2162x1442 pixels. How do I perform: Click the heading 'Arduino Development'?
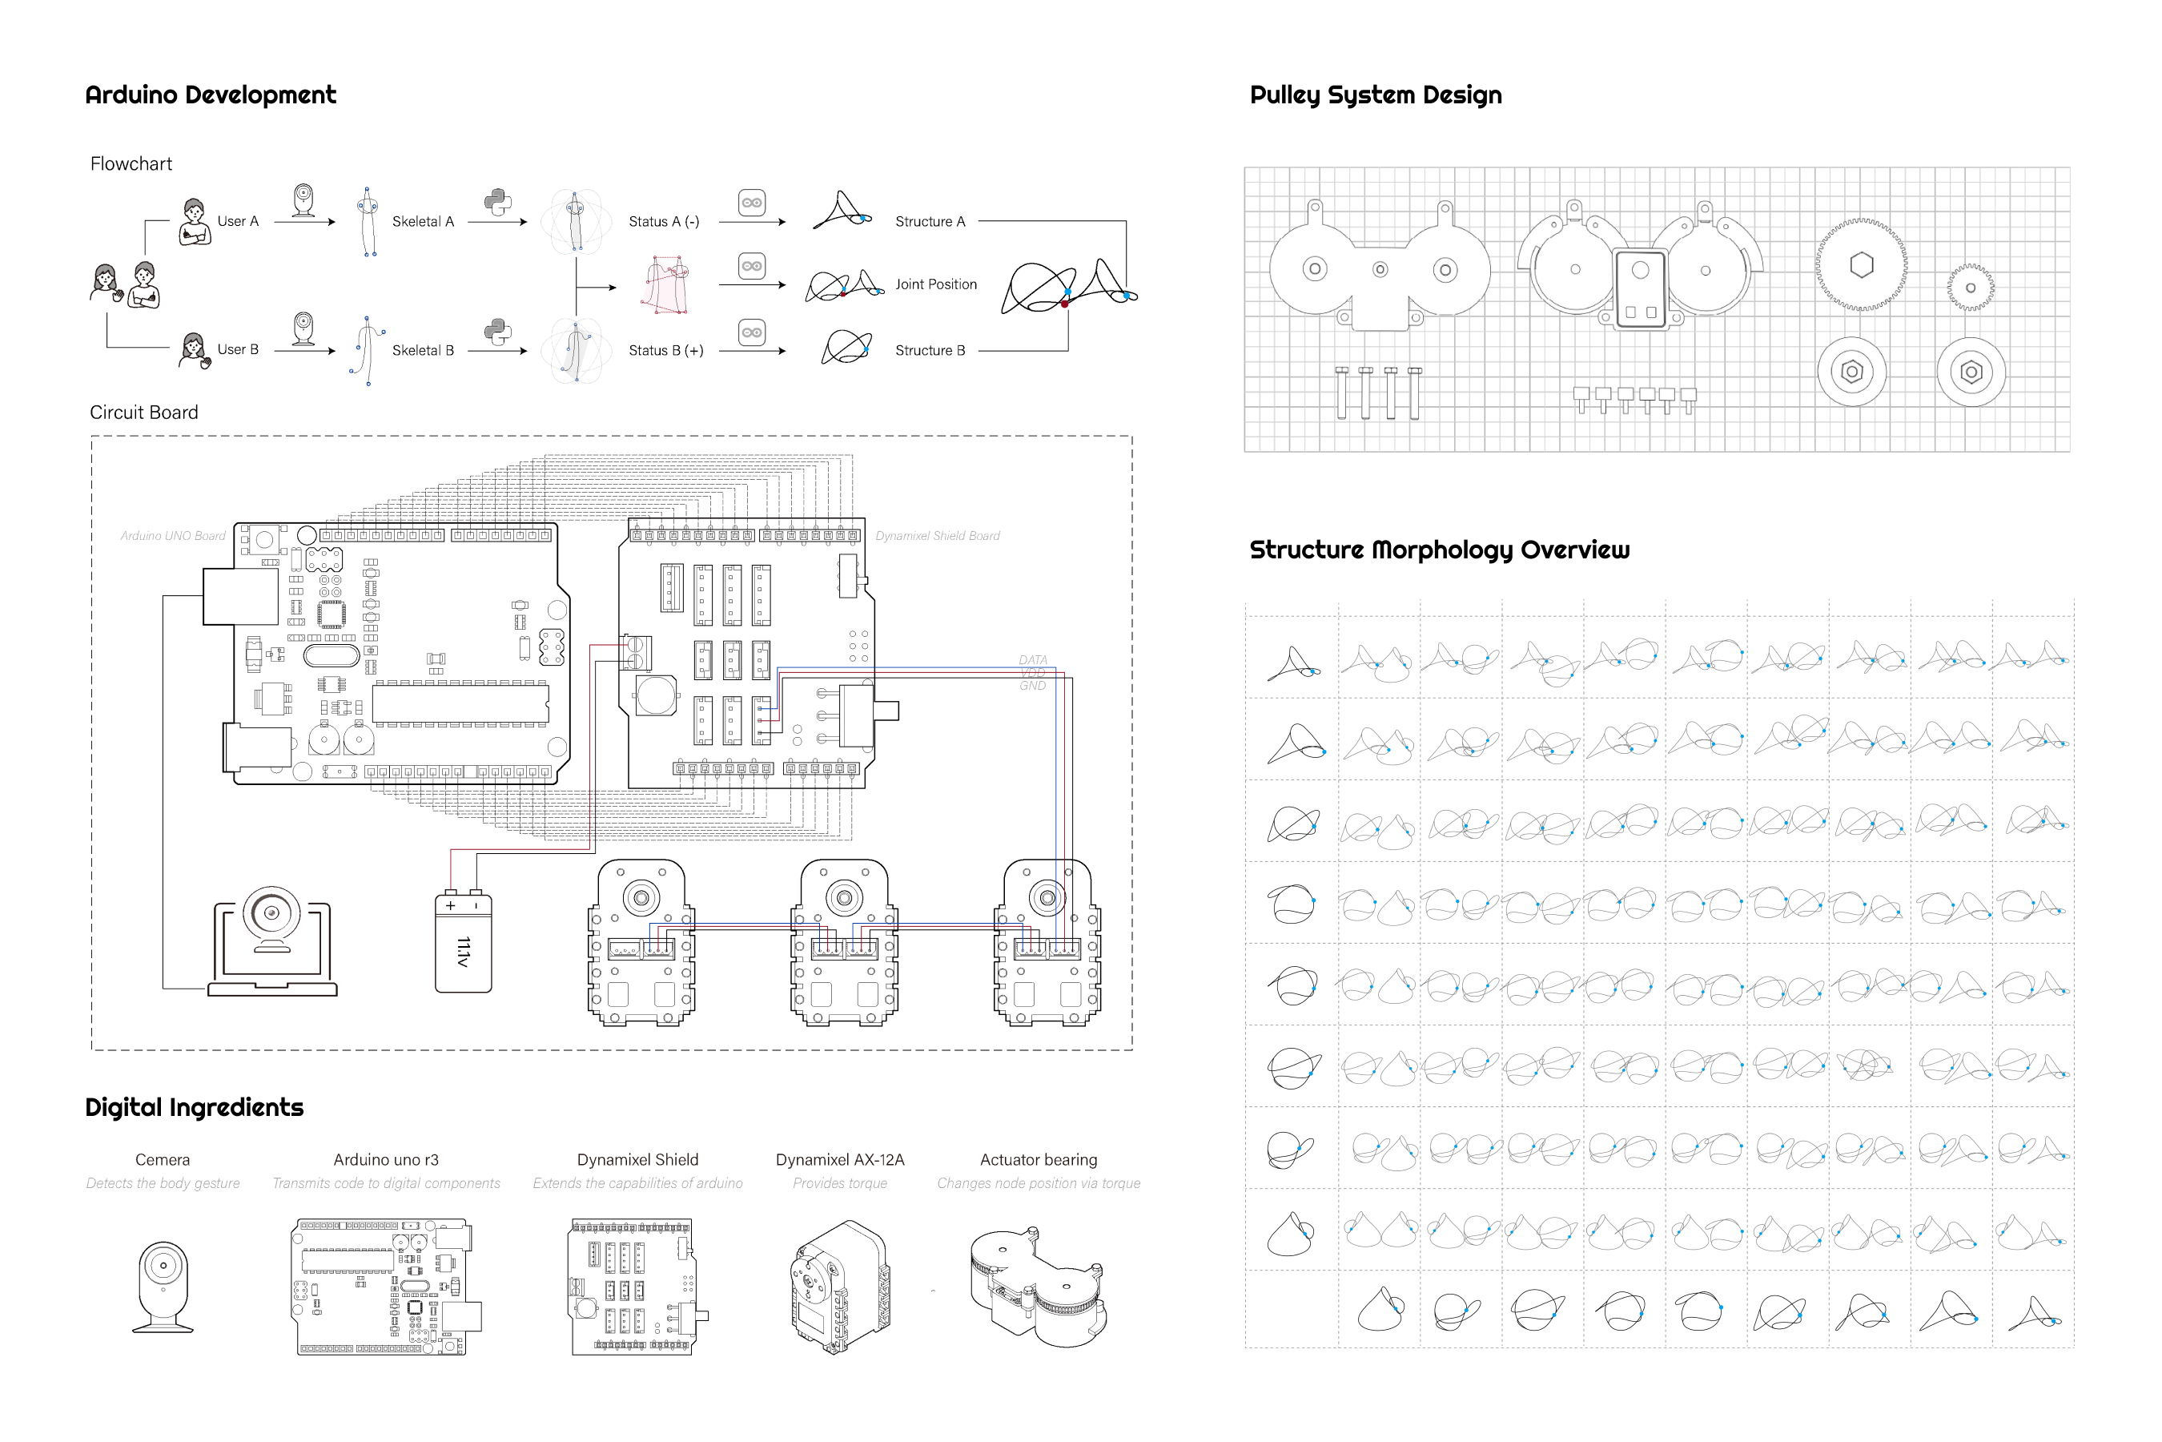click(x=211, y=95)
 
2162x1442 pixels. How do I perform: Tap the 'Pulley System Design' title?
click(x=1375, y=95)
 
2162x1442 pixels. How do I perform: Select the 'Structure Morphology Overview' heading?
click(x=1439, y=550)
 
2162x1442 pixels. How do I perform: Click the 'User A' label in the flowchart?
click(x=238, y=222)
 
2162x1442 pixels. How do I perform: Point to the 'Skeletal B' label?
click(x=423, y=350)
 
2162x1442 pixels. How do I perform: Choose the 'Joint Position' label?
click(x=936, y=284)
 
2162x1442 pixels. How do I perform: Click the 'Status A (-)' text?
click(x=664, y=222)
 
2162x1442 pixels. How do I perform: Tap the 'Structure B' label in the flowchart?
click(x=930, y=350)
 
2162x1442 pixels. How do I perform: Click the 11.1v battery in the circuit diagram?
click(x=464, y=943)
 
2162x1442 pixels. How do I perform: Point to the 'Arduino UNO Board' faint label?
click(x=173, y=536)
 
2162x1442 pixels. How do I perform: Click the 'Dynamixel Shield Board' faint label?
click(x=938, y=536)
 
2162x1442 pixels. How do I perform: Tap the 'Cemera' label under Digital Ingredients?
click(x=163, y=1160)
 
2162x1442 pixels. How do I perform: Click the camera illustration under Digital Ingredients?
click(x=163, y=1286)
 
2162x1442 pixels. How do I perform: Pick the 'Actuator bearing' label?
click(x=1039, y=1160)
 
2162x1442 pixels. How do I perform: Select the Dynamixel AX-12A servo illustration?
click(x=839, y=1286)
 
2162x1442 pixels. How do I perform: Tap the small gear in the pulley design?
click(x=1970, y=288)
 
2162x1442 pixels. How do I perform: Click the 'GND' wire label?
click(x=1032, y=686)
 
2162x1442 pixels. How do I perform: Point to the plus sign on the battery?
click(x=450, y=906)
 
